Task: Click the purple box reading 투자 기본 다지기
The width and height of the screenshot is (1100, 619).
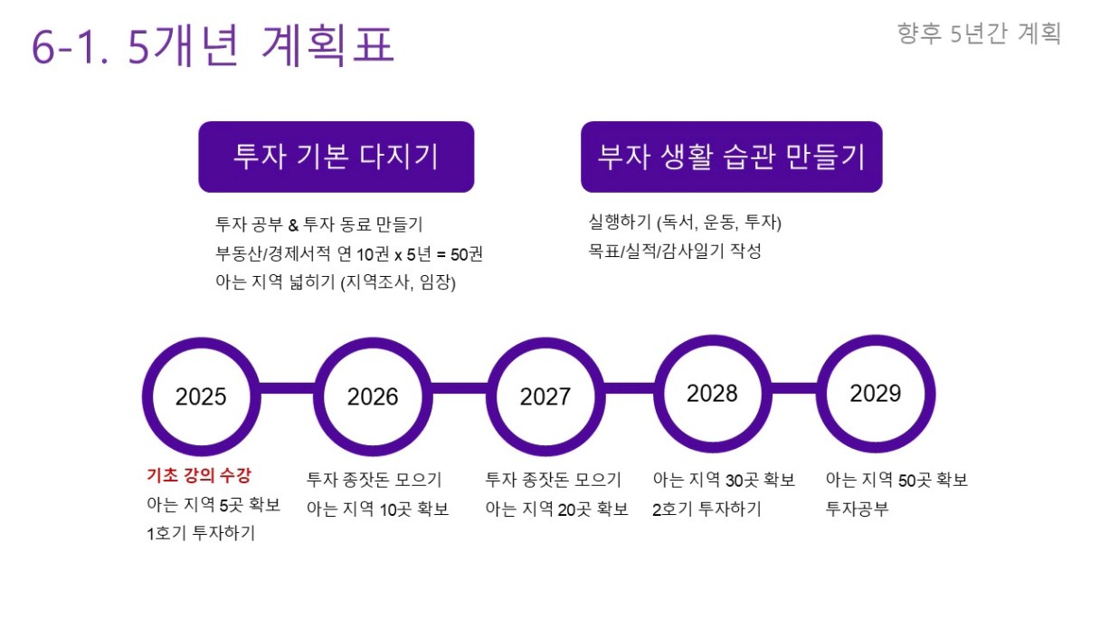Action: click(337, 157)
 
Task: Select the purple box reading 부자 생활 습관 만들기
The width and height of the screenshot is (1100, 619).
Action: click(732, 157)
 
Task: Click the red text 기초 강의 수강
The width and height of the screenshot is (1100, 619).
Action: click(199, 475)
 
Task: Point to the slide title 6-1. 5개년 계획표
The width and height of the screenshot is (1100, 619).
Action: click(213, 45)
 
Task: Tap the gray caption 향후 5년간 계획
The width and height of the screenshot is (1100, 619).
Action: click(979, 33)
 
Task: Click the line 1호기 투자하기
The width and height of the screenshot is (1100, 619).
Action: click(201, 533)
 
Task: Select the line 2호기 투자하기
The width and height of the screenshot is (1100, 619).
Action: click(706, 509)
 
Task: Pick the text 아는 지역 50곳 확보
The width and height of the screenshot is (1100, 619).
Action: click(896, 480)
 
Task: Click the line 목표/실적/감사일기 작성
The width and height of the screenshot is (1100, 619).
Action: click(675, 251)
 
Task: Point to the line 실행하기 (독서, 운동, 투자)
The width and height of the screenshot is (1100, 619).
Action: click(685, 222)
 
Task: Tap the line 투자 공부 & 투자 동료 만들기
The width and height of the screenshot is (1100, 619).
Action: click(319, 224)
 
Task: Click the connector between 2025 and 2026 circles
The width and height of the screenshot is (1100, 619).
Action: click(288, 388)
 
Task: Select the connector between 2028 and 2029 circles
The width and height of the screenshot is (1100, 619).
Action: click(794, 388)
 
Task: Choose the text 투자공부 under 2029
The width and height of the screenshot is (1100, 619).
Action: click(857, 509)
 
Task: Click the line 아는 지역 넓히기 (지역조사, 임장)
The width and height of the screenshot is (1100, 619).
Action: click(336, 282)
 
